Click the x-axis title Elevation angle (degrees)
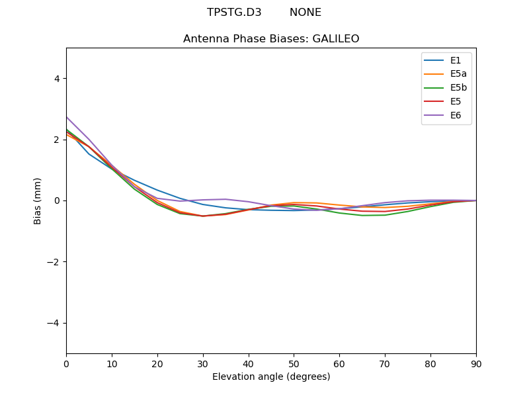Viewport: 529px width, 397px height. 271,376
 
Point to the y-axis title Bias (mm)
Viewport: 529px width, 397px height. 38,200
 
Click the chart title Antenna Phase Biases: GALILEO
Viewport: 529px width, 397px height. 271,39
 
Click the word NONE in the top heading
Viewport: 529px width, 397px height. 305,13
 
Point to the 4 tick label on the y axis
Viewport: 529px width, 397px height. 56,78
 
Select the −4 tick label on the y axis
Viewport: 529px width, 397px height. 53,323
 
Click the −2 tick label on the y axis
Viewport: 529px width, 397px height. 53,262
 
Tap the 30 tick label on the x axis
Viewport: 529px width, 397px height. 203,363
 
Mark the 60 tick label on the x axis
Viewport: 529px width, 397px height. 339,363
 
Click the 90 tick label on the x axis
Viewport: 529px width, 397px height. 476,363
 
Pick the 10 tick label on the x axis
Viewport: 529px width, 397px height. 112,363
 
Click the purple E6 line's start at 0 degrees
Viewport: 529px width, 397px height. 67,117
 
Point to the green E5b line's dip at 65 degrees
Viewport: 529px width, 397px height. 362,215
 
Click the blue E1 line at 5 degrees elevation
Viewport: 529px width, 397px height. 89,154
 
